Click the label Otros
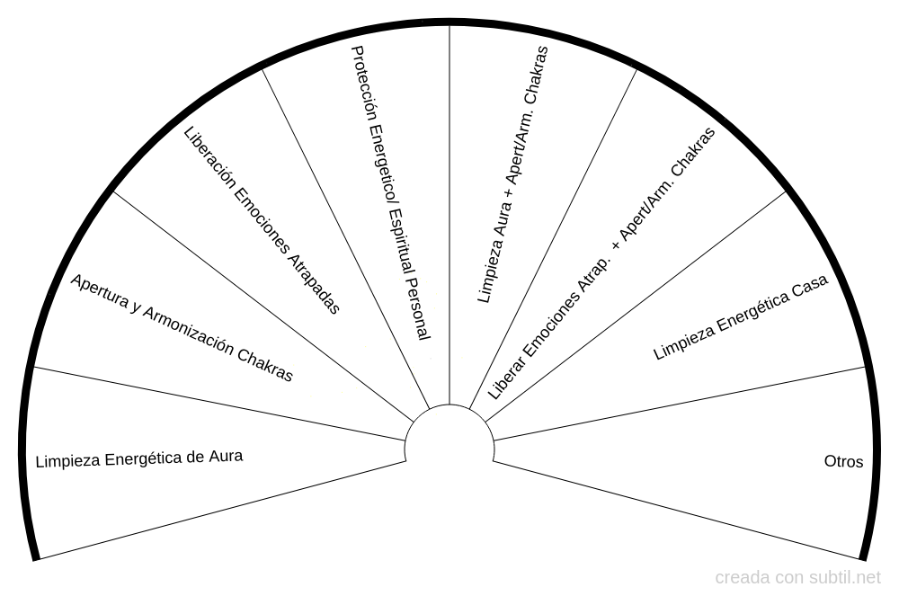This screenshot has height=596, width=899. (x=843, y=462)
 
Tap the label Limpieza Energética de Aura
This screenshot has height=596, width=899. (x=139, y=458)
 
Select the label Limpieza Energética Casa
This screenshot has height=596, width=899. (x=740, y=318)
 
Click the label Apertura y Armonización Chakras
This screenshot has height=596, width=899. (x=182, y=327)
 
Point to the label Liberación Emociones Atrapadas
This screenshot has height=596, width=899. (x=262, y=221)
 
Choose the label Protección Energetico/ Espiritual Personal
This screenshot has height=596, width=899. (x=390, y=193)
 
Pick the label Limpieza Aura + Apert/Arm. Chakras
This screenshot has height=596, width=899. (x=512, y=174)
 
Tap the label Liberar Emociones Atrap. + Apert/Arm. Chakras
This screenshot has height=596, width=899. (x=601, y=263)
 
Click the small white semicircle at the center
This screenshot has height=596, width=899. (x=449, y=431)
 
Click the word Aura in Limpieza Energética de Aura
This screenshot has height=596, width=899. (x=226, y=456)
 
